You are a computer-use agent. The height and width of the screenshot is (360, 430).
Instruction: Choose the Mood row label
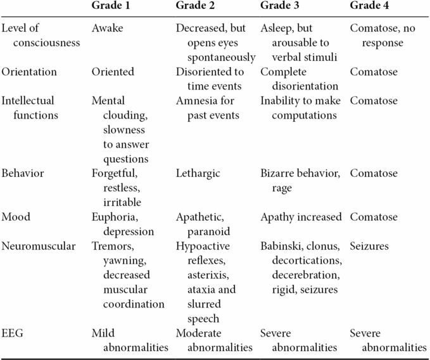coord(16,217)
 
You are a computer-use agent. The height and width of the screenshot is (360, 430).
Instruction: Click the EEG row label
coord(13,333)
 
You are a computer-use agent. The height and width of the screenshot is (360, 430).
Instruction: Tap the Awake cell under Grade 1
coord(108,29)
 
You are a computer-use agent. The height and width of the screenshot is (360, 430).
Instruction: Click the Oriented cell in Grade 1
coord(113,72)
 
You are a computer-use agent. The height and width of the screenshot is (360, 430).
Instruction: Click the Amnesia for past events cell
coord(206,108)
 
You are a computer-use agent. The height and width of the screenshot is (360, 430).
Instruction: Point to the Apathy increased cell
coord(301,217)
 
